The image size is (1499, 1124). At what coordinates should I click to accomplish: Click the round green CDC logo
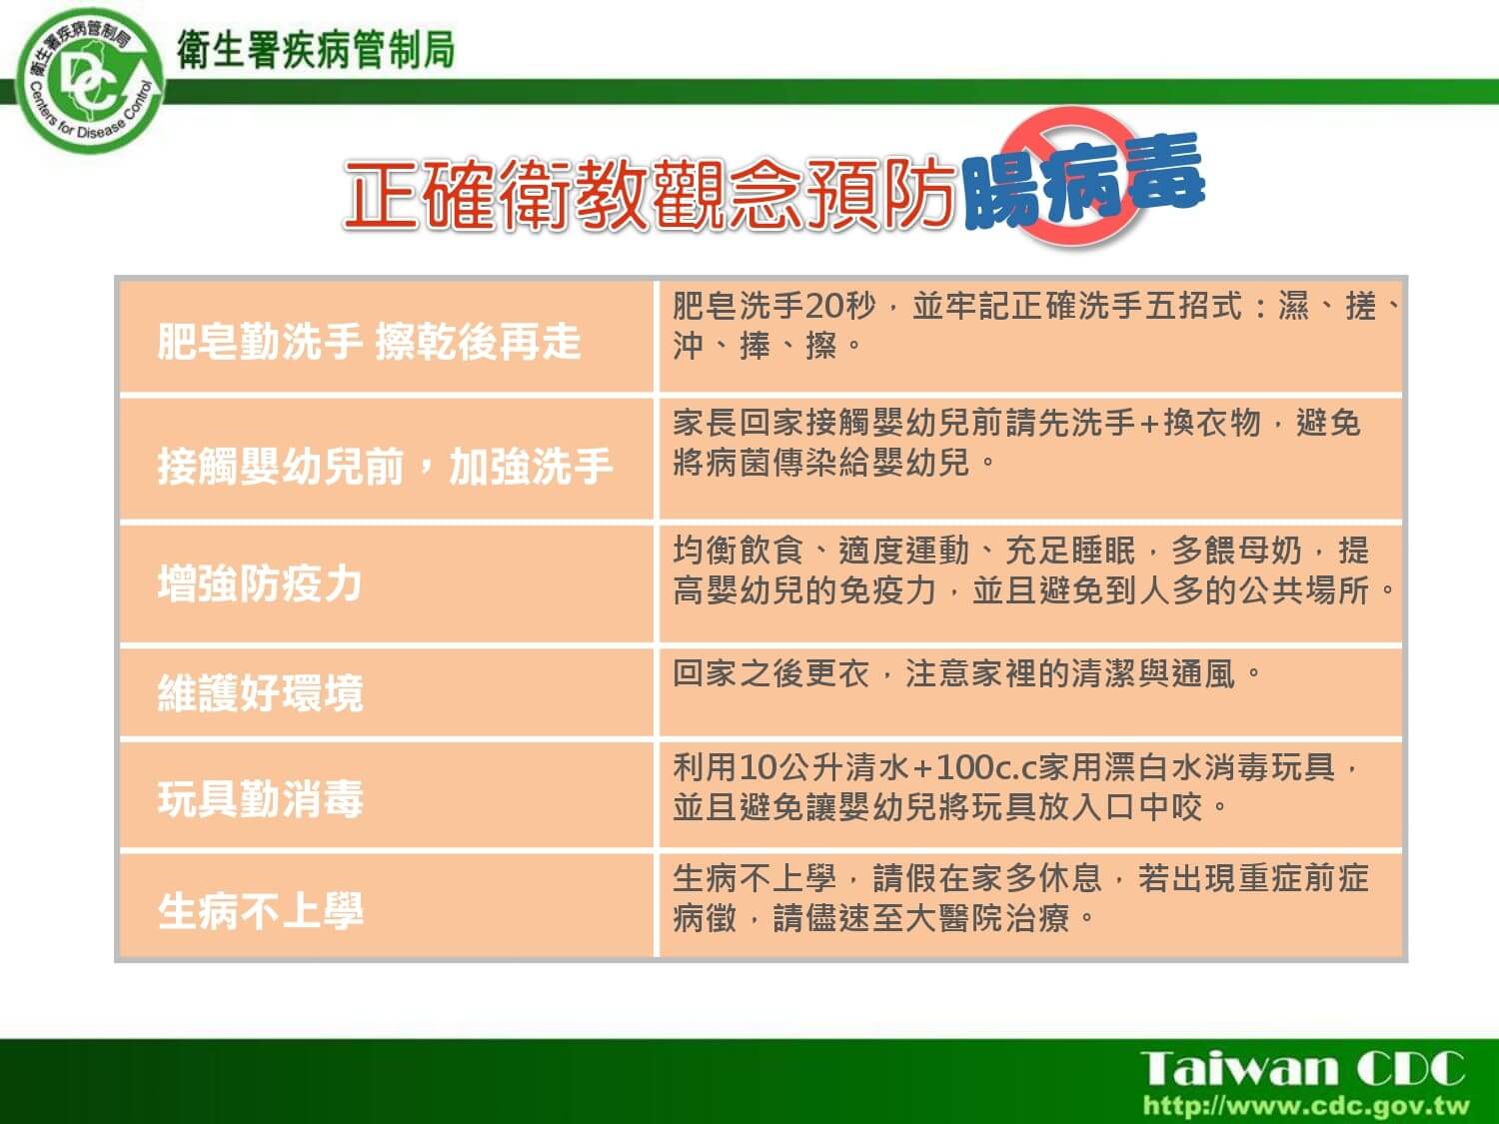point(90,81)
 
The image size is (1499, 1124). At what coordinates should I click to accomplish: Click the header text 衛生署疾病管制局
point(316,50)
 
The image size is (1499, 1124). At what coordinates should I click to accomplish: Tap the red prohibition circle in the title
point(1071,176)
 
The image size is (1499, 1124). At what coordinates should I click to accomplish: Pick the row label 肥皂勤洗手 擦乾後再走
point(369,342)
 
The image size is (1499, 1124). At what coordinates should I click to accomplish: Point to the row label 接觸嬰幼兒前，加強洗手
point(385,467)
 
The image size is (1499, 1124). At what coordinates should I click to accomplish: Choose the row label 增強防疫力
point(260,583)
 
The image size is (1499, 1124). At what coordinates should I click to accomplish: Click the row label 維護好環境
point(260,693)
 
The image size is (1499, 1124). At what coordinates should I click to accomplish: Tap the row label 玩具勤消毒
point(260,799)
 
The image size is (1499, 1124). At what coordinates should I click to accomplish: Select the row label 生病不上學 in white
point(260,911)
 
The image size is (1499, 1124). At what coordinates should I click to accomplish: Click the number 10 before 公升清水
point(758,767)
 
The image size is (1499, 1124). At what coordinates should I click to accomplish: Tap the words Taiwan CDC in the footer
point(1302,1068)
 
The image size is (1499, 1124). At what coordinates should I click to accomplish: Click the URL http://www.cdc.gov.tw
point(1306,1105)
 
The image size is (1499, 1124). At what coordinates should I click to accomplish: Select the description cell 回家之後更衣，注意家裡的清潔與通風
point(1030,692)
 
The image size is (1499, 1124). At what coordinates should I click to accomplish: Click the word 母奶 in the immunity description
point(1270,551)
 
